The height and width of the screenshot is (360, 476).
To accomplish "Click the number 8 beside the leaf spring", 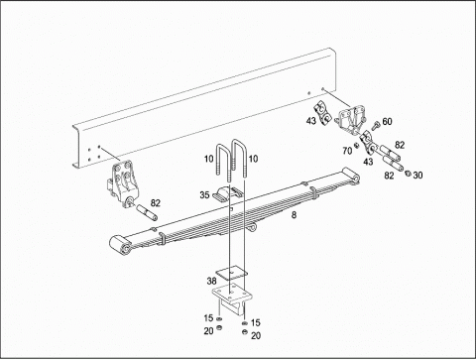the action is click(x=294, y=215).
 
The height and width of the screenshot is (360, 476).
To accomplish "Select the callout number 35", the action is click(x=204, y=195).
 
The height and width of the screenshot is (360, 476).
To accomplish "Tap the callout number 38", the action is click(x=211, y=281).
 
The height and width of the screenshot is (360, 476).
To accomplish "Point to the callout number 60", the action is click(x=387, y=122).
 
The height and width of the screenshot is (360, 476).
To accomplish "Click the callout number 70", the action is click(x=347, y=151).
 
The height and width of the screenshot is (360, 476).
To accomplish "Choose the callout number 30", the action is click(x=417, y=176).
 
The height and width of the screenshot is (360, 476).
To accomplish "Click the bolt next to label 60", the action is click(x=375, y=126).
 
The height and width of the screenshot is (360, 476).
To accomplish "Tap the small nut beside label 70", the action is click(x=357, y=145).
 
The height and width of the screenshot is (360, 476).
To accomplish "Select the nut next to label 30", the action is click(x=408, y=173).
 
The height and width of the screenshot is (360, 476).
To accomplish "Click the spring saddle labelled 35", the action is click(x=228, y=193).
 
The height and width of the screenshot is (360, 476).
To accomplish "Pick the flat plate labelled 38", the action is click(x=232, y=273).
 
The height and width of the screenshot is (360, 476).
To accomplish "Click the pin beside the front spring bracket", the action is click(x=147, y=212).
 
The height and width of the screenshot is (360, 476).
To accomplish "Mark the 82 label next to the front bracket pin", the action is click(x=155, y=203).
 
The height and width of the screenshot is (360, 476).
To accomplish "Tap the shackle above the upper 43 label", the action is click(x=322, y=113).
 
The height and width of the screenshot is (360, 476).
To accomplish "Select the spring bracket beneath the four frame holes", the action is click(x=123, y=184).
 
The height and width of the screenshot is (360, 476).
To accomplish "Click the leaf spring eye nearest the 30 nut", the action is click(x=352, y=176).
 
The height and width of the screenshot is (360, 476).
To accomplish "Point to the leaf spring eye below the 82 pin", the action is click(x=120, y=245).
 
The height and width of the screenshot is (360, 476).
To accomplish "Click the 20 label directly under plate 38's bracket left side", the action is click(x=208, y=330).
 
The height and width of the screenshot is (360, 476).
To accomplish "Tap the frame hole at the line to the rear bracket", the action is click(x=323, y=88).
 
